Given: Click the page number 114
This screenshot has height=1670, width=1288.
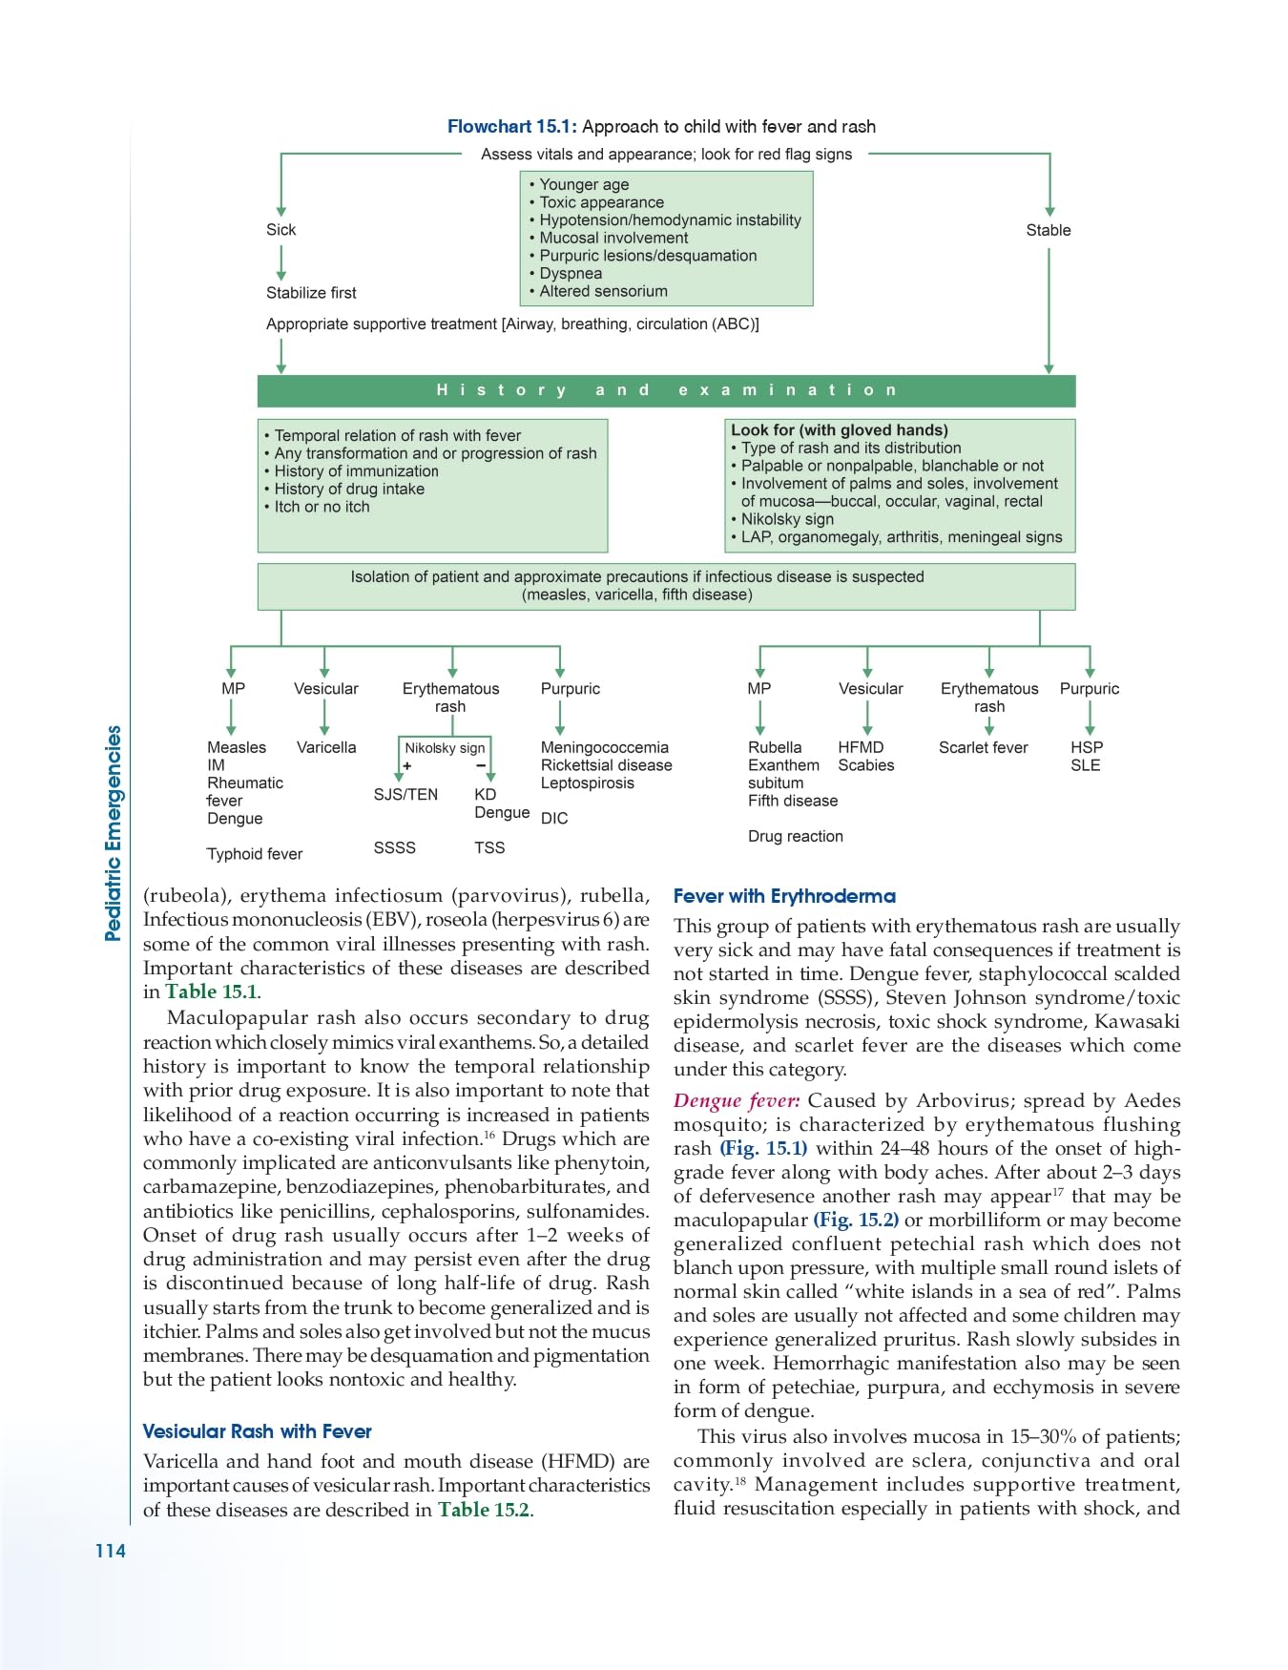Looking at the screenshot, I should coord(110,1551).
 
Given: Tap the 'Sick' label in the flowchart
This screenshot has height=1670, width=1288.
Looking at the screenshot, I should coord(280,230).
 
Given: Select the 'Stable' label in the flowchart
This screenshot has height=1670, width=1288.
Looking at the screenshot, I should coord(1048,230).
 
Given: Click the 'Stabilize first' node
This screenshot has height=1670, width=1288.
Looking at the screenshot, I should coord(311,293).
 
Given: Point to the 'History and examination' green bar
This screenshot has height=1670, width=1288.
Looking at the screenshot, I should coord(666,390).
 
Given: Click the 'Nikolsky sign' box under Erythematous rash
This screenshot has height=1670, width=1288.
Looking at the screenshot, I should coord(445,748).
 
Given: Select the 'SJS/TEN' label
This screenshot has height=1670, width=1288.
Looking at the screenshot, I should coord(405,794).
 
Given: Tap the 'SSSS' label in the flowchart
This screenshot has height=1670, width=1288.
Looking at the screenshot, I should coord(394,847).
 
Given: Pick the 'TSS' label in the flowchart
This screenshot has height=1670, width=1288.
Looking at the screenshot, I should coord(489,847).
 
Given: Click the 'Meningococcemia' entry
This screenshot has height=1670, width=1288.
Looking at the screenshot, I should coord(604,747).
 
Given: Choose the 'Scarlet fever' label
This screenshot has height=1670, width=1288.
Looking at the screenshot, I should coord(983,747).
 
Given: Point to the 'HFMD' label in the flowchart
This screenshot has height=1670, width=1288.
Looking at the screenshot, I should coord(861,747).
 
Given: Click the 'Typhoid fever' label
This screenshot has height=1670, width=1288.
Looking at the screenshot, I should coord(254,854).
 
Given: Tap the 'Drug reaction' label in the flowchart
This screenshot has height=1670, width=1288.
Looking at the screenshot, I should coord(795,836).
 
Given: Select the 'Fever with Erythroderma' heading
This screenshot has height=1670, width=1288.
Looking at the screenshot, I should coord(784,896).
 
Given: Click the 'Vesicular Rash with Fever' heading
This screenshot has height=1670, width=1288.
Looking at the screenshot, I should coord(257,1431).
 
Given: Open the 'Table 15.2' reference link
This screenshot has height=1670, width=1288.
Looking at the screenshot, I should coord(483,1510).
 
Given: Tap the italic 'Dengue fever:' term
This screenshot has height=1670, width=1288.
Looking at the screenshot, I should coord(737,1100).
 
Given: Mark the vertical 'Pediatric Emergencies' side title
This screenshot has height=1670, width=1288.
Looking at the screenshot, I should coord(114,833).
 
